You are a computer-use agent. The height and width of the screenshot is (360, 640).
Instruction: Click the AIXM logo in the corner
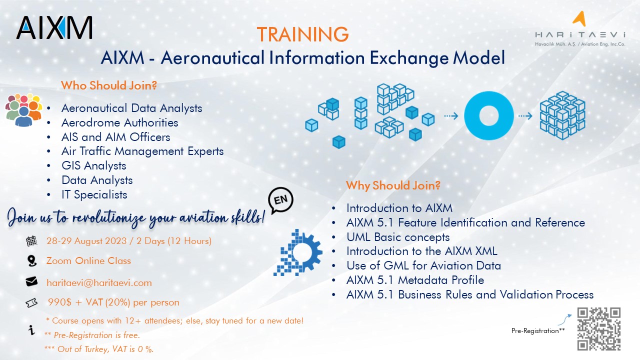(x=54, y=27)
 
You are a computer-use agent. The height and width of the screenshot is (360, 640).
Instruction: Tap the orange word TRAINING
(x=302, y=34)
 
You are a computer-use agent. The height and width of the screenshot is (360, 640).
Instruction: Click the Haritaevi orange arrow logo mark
(x=579, y=19)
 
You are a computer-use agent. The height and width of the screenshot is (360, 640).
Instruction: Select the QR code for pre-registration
(x=598, y=329)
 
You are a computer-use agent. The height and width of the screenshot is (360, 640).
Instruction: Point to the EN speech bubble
(x=280, y=200)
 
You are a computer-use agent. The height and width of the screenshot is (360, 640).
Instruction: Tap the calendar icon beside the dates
(x=31, y=241)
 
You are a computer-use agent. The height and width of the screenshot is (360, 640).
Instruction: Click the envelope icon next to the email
(x=31, y=281)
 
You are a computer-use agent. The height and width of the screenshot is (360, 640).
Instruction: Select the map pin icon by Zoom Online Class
(x=31, y=261)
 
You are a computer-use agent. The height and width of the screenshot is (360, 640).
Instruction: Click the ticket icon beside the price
(x=31, y=303)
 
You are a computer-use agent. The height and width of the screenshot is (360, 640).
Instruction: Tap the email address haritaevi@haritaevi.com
(x=99, y=283)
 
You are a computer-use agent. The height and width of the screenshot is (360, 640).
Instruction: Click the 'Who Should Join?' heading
(x=109, y=85)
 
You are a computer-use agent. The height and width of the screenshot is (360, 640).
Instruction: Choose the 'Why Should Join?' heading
(x=393, y=185)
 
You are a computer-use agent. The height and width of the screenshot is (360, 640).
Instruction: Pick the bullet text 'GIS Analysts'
(x=93, y=166)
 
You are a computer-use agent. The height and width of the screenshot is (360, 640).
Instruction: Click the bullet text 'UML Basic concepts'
(x=398, y=237)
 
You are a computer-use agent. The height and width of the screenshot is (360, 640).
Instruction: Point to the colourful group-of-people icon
(x=23, y=109)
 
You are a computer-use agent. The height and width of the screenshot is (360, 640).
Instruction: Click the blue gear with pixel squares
(x=298, y=252)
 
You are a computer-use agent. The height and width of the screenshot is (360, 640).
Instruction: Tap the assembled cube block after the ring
(x=562, y=115)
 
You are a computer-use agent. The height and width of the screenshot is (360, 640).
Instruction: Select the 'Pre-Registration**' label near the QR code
(x=538, y=330)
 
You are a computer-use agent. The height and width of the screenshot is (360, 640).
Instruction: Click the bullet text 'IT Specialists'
(x=94, y=195)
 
